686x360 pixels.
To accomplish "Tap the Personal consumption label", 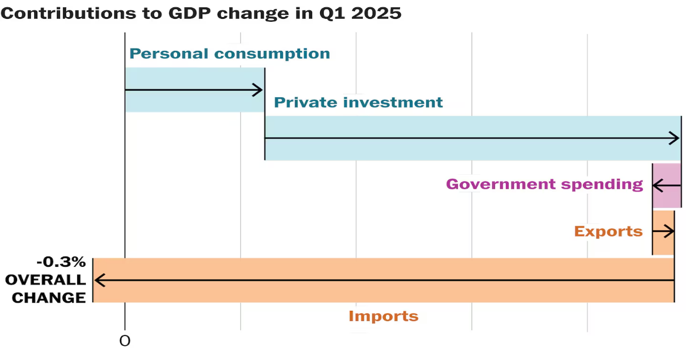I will point(230,54).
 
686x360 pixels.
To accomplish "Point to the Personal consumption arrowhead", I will point(258,90).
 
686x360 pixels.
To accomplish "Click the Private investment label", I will point(358,102).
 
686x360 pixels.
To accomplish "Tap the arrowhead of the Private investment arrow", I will point(675,138).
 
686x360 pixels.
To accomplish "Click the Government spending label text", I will point(544,184).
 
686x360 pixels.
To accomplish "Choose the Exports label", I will point(608,231).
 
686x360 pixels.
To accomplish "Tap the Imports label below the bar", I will point(384,316).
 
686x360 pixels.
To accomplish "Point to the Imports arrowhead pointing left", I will point(99,280).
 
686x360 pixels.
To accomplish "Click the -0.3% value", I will point(61,262).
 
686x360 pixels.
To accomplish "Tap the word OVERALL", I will point(46,280).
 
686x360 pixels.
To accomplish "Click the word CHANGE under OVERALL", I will point(49,298).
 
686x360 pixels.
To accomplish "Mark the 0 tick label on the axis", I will point(125,341).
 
